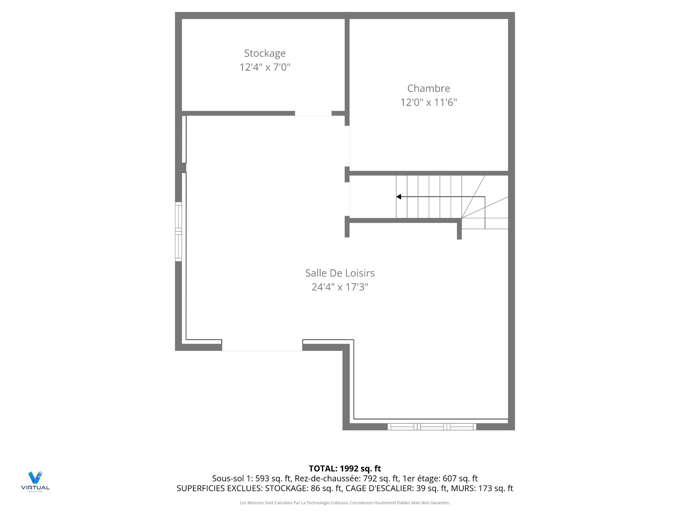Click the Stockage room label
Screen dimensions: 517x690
(265, 53)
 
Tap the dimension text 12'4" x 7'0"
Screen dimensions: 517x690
(265, 67)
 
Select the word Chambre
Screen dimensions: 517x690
(428, 88)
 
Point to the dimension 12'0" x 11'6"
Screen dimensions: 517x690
(428, 102)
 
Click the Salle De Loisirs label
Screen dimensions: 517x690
(340, 273)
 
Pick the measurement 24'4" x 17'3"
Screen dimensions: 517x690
(340, 287)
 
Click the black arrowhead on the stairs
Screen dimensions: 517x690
(399, 197)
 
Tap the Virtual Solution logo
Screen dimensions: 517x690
(35, 481)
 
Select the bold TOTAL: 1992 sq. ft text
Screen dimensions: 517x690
(345, 469)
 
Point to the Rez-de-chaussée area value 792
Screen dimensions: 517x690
(370, 479)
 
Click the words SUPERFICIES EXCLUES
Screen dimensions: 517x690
(219, 488)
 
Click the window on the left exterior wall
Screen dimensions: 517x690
(178, 232)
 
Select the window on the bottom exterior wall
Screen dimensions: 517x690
(432, 427)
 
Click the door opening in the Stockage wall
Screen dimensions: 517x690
(313, 113)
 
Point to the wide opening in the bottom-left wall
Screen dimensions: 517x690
(262, 347)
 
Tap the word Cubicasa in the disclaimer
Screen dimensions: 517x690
(339, 503)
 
